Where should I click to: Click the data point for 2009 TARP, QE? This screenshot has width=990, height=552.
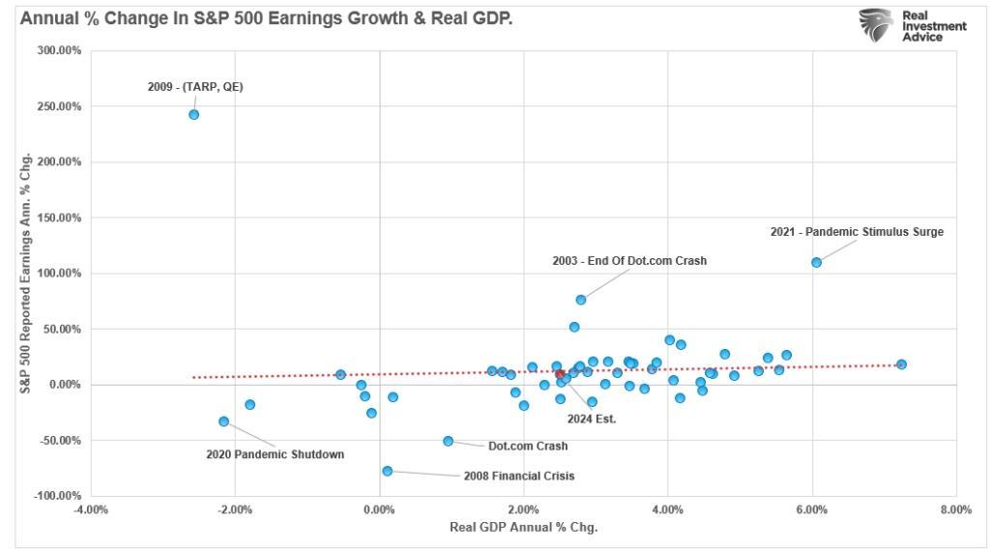point(193,114)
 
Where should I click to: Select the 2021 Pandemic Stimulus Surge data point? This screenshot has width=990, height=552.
point(816,262)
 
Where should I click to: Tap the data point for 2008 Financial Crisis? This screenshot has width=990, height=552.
point(387,471)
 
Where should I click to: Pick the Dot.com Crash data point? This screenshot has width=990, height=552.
point(448,441)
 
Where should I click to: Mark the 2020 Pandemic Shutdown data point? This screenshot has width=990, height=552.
point(223,421)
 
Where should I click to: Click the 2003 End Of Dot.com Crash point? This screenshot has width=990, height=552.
point(580,300)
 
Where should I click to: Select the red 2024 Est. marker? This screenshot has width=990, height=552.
point(560,374)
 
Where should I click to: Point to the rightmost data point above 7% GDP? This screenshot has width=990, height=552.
point(901,364)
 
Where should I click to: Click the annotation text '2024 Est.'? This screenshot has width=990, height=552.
point(591,419)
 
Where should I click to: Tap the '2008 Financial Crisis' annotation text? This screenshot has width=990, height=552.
point(519,477)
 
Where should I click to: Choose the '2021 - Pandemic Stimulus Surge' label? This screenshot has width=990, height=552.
point(857,232)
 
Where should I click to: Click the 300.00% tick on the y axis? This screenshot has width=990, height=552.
point(60,50)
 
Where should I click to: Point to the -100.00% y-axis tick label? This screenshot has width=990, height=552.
point(58,496)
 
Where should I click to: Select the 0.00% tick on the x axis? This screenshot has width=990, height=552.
point(380,509)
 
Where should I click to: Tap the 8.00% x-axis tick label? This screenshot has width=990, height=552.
point(955,509)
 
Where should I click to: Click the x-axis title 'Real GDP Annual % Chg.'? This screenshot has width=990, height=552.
point(523,528)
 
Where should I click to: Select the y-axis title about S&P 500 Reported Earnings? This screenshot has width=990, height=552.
point(27,272)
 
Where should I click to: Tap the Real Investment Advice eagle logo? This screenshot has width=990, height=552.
point(876,24)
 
